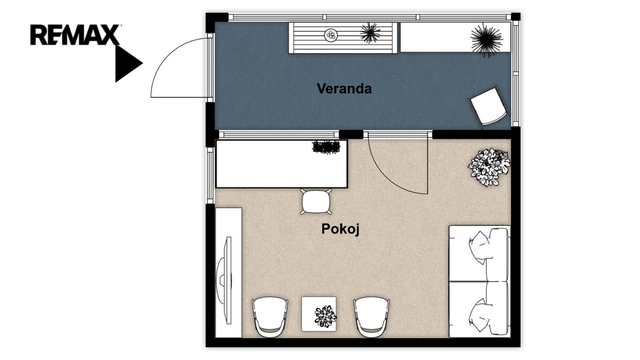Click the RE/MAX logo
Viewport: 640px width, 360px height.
(x=75, y=35)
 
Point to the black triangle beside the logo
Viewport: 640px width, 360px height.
(x=128, y=63)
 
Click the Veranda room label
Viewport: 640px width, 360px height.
(x=344, y=89)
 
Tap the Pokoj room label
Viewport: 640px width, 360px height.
(x=340, y=229)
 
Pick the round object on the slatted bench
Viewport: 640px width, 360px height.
(x=331, y=35)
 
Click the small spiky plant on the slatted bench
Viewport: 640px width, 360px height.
(x=371, y=33)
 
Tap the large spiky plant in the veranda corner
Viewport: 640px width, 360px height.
(x=486, y=39)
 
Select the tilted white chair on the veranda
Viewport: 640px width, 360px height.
(x=489, y=106)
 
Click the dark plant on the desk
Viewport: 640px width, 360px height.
(x=326, y=147)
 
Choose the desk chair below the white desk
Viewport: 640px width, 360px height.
(x=316, y=201)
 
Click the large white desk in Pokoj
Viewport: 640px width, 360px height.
(x=281, y=164)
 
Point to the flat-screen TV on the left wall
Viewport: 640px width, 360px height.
(x=225, y=280)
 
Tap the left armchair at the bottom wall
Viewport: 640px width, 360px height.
(x=270, y=316)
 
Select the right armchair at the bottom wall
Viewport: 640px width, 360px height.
(x=371, y=316)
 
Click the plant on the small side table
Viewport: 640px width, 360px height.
(x=325, y=316)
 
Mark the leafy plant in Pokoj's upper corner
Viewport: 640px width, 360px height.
(x=489, y=167)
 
